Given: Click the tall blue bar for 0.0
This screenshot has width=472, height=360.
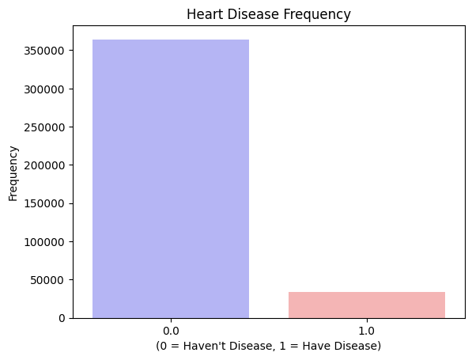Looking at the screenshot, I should (x=171, y=179).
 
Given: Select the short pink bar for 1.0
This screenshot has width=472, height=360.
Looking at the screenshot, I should (x=367, y=305).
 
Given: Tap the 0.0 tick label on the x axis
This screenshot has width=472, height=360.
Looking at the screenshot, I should (x=171, y=330).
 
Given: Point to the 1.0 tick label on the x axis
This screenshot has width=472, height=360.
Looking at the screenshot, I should (x=367, y=330).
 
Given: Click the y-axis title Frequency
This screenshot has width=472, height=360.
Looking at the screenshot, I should (x=13, y=172).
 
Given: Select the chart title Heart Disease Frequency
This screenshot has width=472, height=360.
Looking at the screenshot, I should (x=269, y=14).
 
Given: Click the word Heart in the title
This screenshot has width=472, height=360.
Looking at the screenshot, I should (x=203, y=14).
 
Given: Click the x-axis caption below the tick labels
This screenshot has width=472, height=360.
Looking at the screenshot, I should (x=269, y=346).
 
